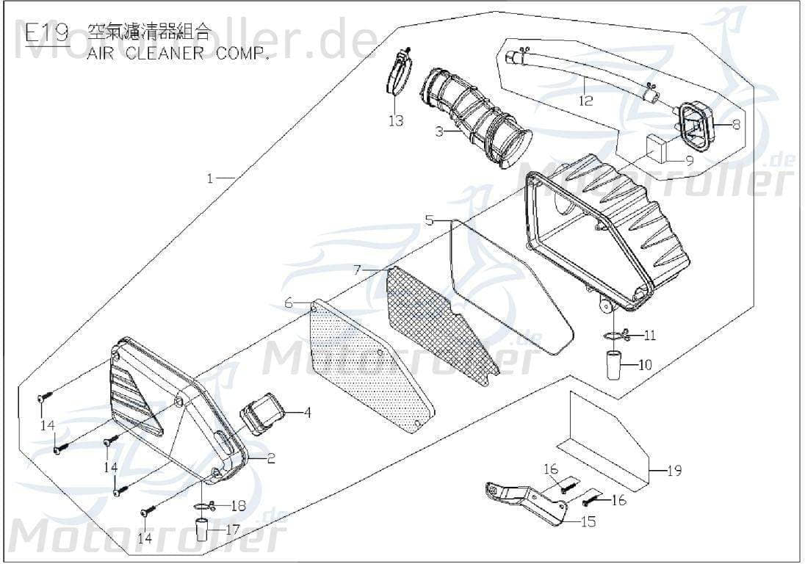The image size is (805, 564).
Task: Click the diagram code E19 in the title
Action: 46,33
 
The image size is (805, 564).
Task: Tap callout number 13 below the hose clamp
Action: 396,120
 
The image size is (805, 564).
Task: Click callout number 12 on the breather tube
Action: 585,101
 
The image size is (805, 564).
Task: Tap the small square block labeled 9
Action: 658,150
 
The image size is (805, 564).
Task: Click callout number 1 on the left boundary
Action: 210,178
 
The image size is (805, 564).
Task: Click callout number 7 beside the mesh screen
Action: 357,270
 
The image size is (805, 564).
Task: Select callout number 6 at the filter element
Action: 289,303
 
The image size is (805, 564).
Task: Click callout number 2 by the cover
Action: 271,459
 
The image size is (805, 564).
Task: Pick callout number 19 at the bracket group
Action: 674,470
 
